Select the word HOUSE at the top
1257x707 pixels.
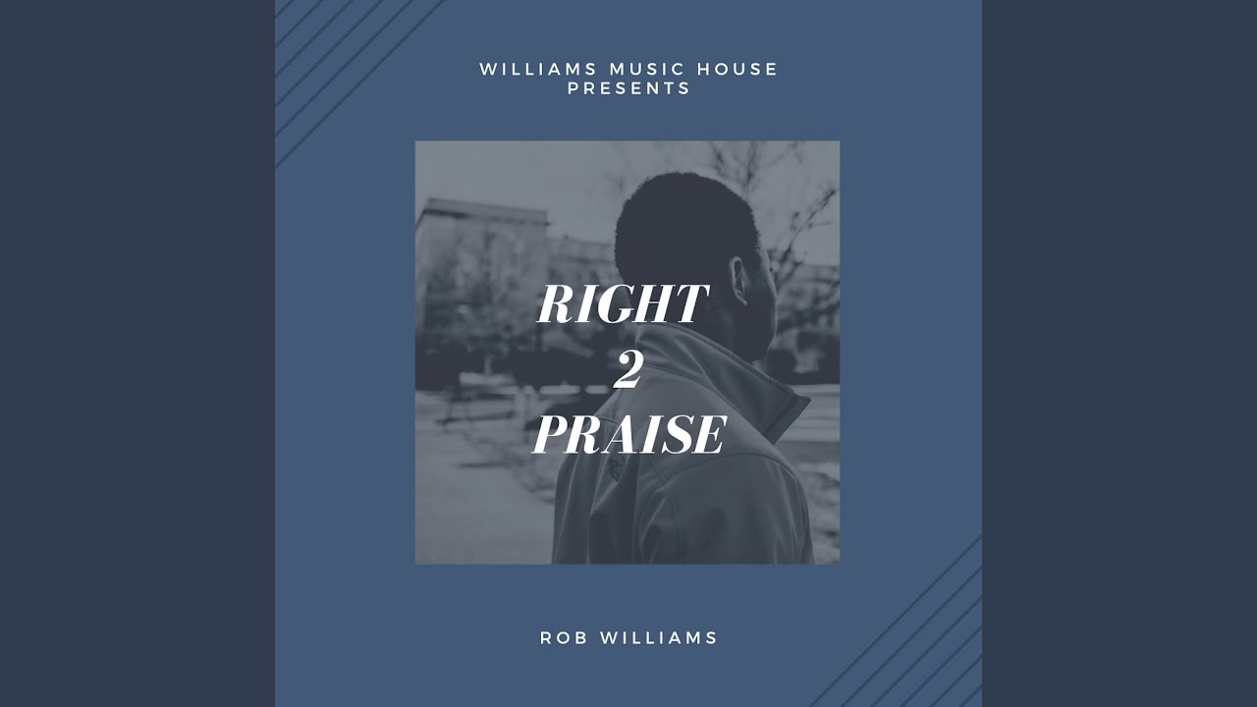738,69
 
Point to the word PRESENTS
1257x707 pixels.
629,88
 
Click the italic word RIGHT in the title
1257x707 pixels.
622,303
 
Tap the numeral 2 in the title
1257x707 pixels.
627,371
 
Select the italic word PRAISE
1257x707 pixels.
628,435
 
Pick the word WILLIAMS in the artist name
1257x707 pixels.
659,638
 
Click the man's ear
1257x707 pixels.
739,280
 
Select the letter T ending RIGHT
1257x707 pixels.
690,303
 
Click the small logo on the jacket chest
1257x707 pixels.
616,466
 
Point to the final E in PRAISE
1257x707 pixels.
710,435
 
